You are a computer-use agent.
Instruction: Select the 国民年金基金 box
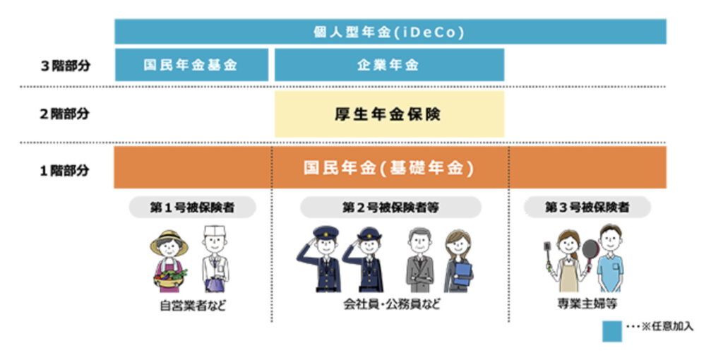(x=191, y=64)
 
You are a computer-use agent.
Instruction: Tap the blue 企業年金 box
(x=389, y=64)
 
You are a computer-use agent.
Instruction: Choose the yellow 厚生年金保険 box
(x=389, y=114)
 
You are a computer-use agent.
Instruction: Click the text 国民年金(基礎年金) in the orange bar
(x=389, y=168)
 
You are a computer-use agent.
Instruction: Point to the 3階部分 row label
(x=66, y=66)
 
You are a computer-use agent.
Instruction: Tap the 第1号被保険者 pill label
(x=192, y=208)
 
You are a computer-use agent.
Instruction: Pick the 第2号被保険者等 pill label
(x=390, y=208)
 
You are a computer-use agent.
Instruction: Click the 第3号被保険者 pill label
(x=587, y=208)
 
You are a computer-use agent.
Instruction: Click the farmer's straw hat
(x=169, y=241)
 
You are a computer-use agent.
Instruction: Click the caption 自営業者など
(x=193, y=306)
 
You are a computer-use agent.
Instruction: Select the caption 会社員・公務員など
(x=391, y=305)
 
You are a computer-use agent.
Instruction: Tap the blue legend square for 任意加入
(x=612, y=332)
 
